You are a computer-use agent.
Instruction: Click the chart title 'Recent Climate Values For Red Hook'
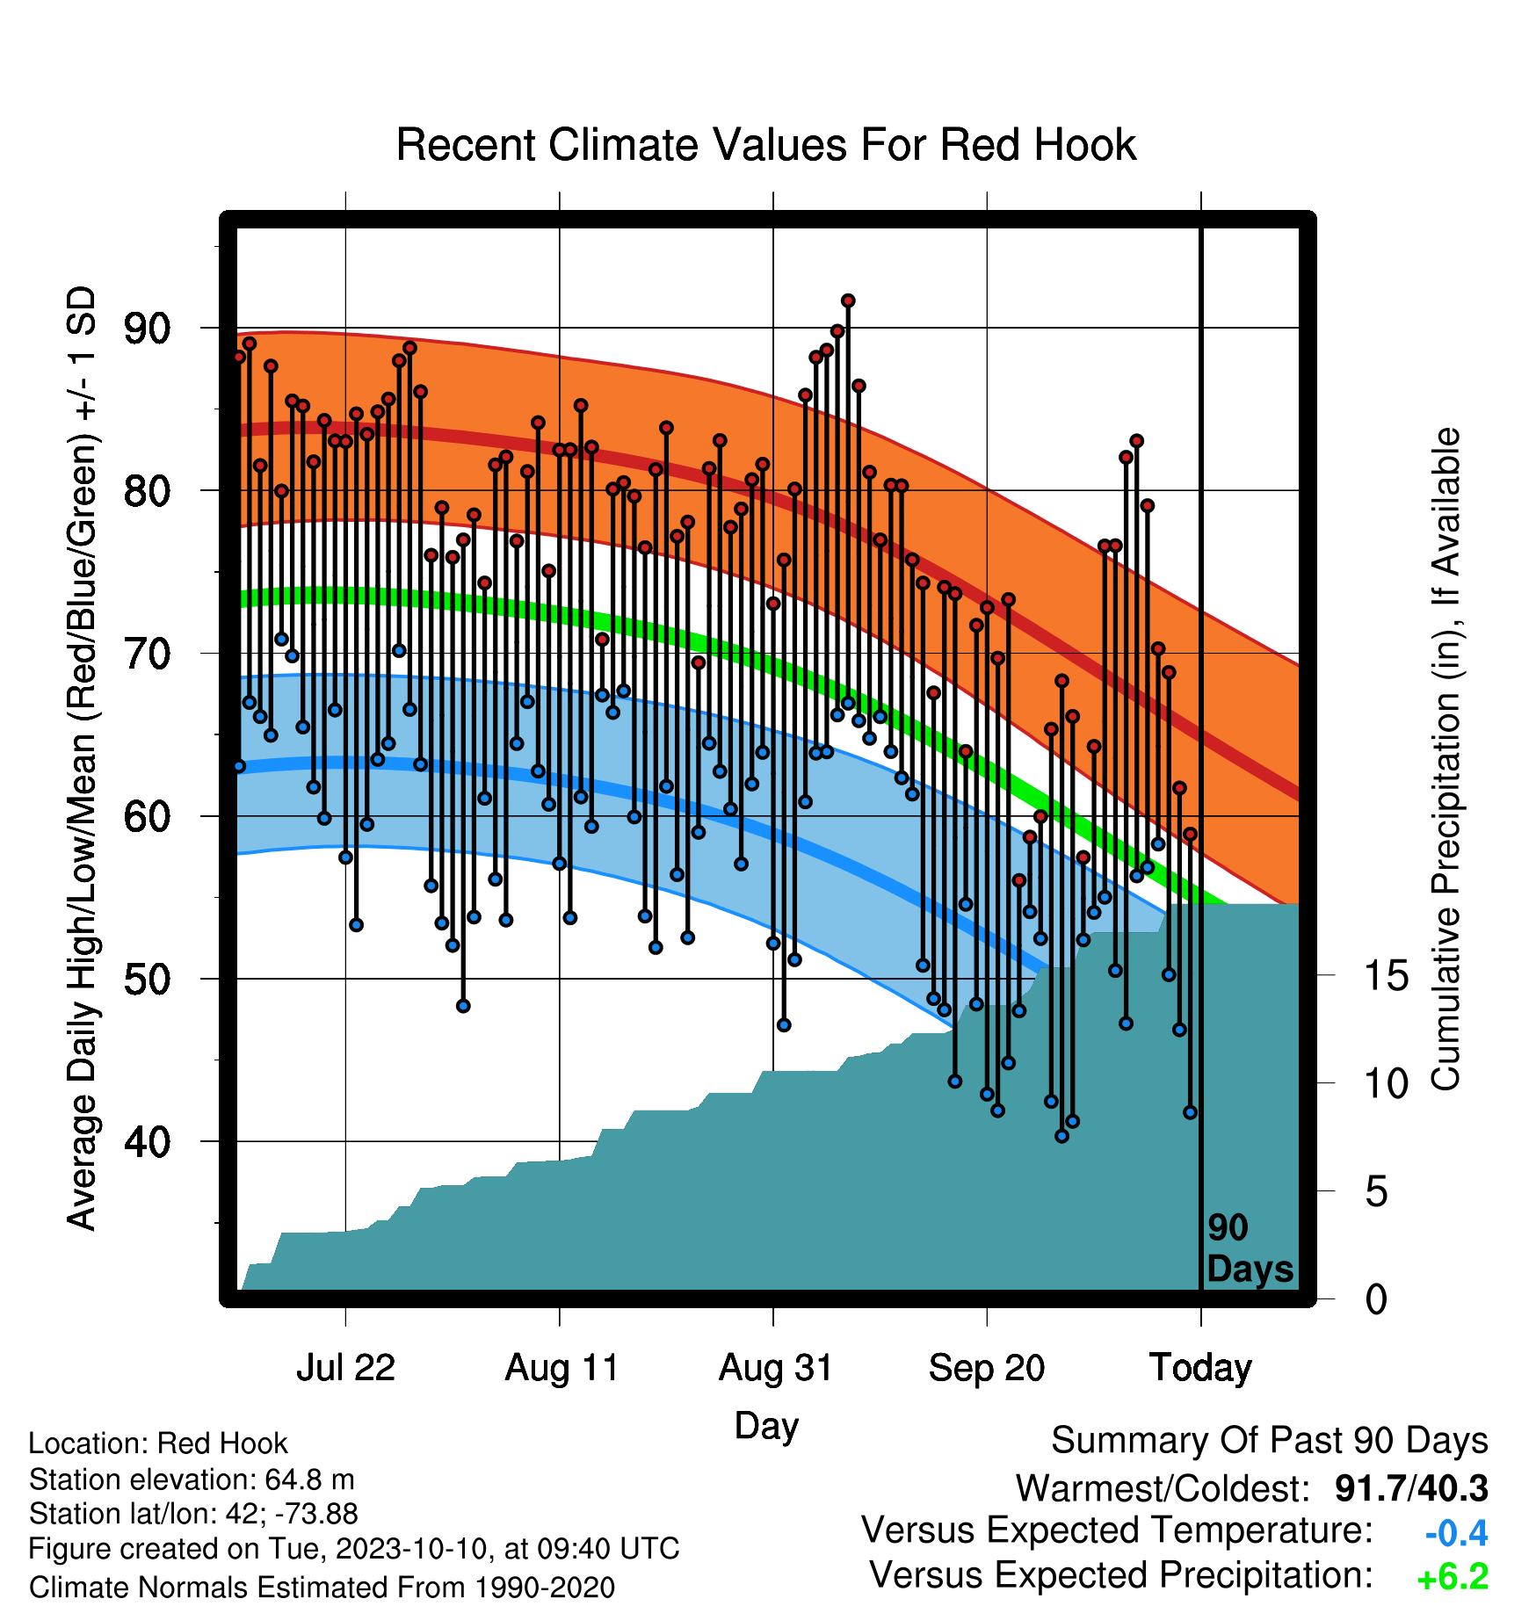tap(766, 145)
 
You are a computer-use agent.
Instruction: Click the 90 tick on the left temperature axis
tap(147, 329)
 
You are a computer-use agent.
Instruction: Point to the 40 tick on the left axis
tap(147, 1142)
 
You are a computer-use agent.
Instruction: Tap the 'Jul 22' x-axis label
tap(345, 1368)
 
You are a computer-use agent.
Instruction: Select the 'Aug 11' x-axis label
tap(562, 1368)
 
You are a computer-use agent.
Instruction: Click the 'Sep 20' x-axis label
tap(987, 1368)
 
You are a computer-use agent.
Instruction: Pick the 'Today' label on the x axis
tap(1200, 1368)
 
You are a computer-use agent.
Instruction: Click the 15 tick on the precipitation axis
tap(1386, 976)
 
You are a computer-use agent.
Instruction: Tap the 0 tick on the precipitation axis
tap(1376, 1299)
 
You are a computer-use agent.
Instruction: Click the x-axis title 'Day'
tap(766, 1426)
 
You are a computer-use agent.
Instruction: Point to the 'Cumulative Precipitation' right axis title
tap(1445, 759)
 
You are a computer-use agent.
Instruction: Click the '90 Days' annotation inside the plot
tap(1250, 1248)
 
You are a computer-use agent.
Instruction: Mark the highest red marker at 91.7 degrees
tap(848, 300)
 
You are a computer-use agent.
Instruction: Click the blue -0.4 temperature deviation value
tap(1456, 1533)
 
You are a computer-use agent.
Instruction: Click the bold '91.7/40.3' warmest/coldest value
tap(1411, 1488)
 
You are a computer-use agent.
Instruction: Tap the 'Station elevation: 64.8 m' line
tap(192, 1479)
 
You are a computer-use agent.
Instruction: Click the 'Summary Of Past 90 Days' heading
tap(1270, 1441)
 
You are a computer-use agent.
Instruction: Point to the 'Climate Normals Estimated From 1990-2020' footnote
tap(322, 1588)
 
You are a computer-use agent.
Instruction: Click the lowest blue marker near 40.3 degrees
tap(1061, 1136)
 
